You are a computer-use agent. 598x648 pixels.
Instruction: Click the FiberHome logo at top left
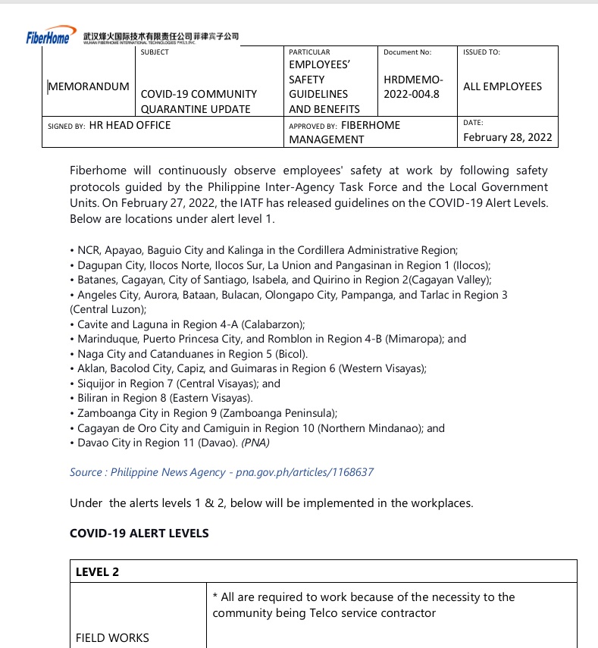pos(47,37)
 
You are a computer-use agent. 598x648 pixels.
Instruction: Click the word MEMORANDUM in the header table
pos(89,86)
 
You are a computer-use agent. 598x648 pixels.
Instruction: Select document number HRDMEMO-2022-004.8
pos(414,86)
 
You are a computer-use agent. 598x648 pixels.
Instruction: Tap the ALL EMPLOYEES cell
pos(503,86)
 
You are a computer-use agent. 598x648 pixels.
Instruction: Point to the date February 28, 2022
pos(508,137)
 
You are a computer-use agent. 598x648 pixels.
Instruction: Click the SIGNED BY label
pos(66,126)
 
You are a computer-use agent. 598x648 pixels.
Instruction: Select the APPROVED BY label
pos(312,126)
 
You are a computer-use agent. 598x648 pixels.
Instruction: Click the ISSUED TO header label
pos(481,52)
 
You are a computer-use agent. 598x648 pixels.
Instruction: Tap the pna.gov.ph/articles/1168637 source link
pos(305,472)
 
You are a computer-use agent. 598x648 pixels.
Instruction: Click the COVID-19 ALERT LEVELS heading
pos(139,533)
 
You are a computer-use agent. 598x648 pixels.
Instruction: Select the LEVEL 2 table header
pos(97,572)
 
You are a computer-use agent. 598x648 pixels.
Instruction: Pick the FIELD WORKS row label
pos(112,638)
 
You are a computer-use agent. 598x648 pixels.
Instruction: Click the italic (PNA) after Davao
pos(255,443)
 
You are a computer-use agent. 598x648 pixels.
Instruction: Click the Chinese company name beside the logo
pos(163,36)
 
